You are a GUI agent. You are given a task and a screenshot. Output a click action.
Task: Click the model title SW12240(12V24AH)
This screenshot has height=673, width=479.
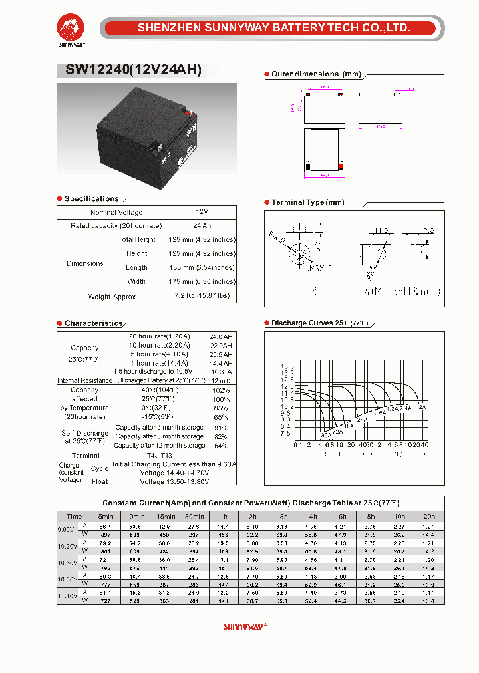coord(132,70)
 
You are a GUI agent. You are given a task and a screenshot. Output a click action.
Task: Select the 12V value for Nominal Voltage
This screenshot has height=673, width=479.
coord(202,211)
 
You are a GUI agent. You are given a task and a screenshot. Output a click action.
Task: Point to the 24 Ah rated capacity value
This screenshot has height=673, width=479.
coord(202,225)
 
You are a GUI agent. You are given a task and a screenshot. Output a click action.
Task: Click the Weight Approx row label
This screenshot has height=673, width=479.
coord(112,297)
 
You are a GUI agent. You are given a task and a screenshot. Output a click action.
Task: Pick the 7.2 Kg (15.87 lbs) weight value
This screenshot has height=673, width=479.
coord(202,295)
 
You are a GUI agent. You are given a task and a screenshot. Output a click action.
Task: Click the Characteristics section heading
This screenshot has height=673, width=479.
coord(93,323)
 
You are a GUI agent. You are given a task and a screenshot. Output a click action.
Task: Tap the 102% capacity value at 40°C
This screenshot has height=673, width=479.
coord(220,390)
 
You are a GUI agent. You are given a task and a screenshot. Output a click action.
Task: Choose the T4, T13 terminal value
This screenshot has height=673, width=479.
coord(160,455)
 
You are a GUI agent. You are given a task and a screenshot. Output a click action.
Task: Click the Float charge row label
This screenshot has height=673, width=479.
coord(99,481)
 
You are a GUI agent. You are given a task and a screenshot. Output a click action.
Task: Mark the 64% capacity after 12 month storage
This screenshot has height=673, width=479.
coord(221,445)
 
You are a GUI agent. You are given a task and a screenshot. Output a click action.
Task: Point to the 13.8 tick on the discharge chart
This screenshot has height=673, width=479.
coord(287,366)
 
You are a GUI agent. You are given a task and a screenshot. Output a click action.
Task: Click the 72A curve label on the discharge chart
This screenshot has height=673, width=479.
coord(338,432)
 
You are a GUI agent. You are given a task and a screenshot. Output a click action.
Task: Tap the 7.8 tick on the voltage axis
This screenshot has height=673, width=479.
coord(287,434)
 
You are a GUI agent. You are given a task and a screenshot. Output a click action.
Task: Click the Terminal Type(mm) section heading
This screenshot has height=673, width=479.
coord(307,202)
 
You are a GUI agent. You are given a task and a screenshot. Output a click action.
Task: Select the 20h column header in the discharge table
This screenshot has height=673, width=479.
coord(429,516)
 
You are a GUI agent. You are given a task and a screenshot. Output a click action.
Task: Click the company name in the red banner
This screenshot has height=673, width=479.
coord(273,28)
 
